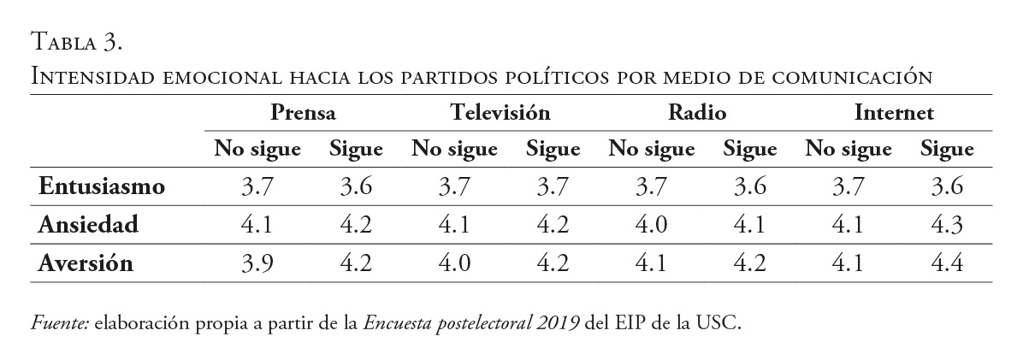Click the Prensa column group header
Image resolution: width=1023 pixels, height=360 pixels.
(303, 112)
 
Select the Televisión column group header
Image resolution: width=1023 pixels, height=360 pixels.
(500, 112)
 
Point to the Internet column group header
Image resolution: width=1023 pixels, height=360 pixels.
(894, 112)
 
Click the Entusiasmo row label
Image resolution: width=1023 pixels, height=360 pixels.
(101, 186)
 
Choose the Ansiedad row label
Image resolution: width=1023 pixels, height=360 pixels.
(88, 224)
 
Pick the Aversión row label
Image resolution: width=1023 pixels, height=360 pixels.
(86, 263)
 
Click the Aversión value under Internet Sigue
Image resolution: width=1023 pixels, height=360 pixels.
(947, 263)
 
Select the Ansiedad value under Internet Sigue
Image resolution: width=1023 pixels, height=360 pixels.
(947, 225)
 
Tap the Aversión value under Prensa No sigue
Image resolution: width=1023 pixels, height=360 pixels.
(257, 263)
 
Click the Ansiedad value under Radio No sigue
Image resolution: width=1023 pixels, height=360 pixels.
(652, 225)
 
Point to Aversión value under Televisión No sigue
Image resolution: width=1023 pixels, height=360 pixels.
(454, 263)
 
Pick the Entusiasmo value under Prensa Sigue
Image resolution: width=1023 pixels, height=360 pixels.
(356, 186)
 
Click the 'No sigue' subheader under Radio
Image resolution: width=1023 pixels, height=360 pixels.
(652, 150)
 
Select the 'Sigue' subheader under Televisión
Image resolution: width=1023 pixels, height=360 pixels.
(553, 150)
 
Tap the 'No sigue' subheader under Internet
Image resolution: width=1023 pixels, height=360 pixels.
(849, 150)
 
